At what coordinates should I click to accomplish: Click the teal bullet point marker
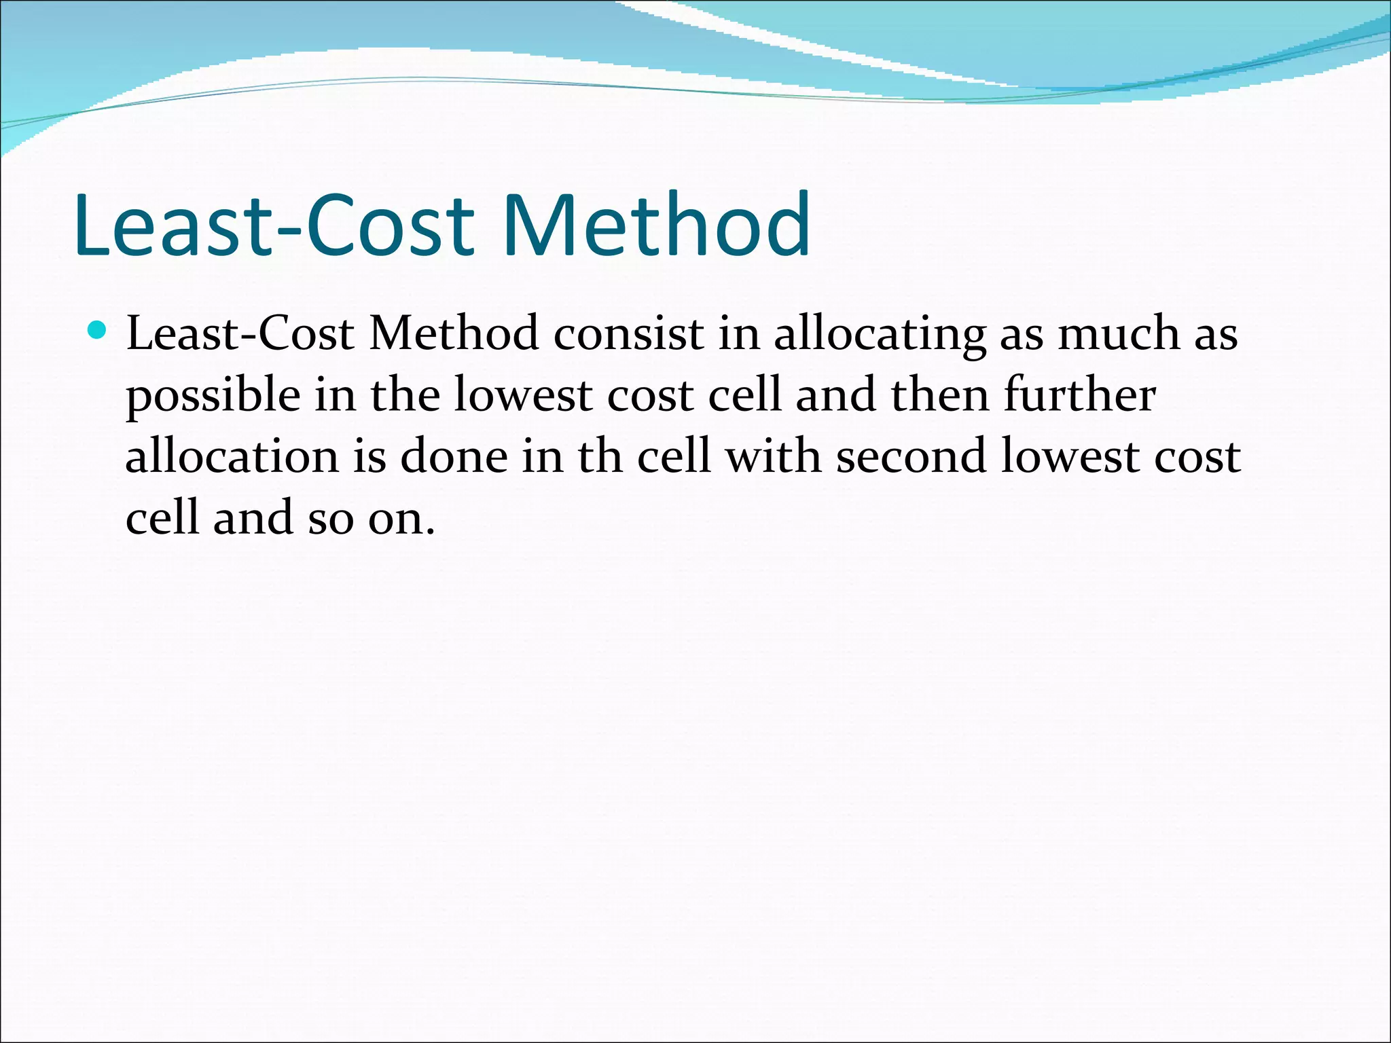(98, 331)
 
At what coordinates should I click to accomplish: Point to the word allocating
(880, 335)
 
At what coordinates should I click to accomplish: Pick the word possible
(213, 397)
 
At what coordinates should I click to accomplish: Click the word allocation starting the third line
(232, 456)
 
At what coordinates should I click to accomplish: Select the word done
(454, 456)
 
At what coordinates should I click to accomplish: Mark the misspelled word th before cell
(600, 456)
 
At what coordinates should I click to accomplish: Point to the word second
(911, 456)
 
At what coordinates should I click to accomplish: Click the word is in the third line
(369, 456)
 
